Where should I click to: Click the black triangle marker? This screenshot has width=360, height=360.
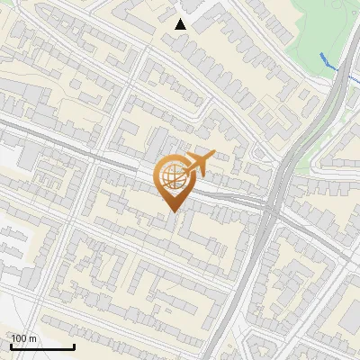[181, 24]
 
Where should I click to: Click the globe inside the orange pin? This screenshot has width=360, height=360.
[172, 176]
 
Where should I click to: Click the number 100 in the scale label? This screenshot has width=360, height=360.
[20, 338]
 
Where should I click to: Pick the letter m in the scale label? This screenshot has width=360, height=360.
[33, 338]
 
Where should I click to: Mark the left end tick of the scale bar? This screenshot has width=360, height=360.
[12, 346]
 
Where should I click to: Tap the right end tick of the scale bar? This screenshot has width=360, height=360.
[74, 346]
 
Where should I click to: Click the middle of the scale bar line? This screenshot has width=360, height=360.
[42, 347]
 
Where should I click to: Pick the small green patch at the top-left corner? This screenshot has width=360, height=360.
[4, 4]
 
